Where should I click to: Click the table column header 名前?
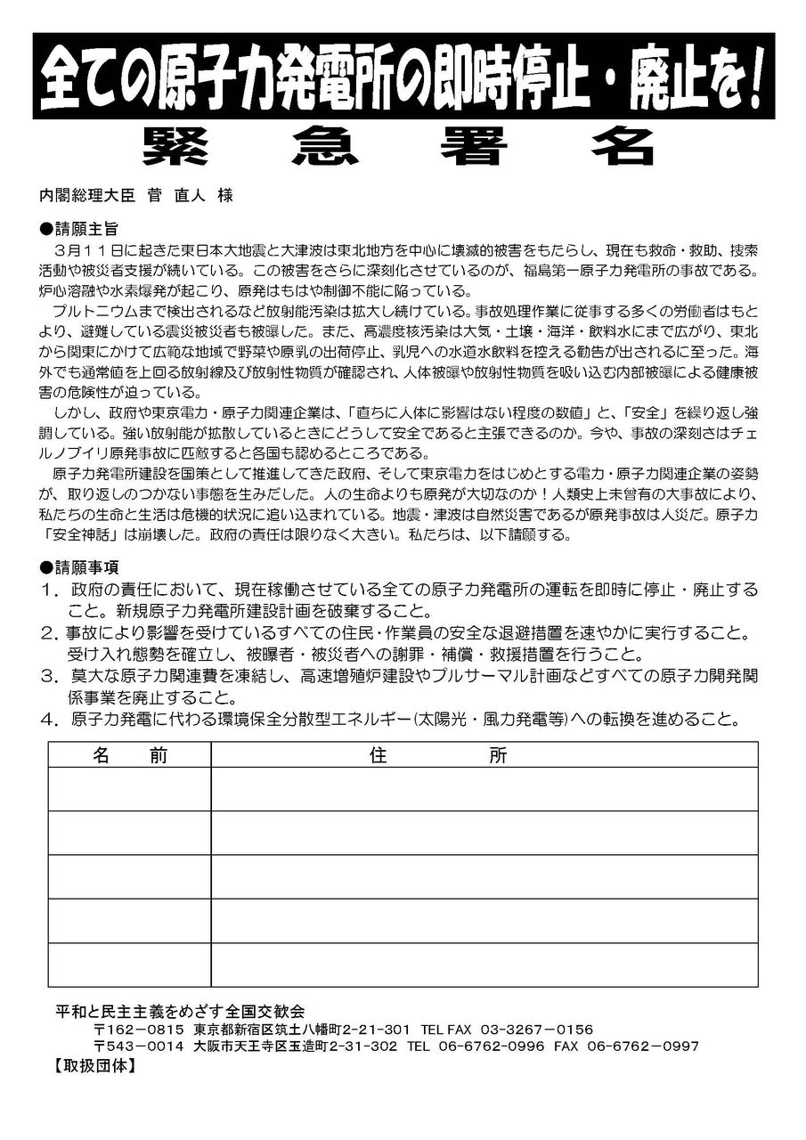pyautogui.click(x=130, y=755)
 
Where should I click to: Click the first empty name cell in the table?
pyautogui.click(x=130, y=788)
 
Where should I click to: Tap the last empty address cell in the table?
pyautogui.click(x=484, y=965)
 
